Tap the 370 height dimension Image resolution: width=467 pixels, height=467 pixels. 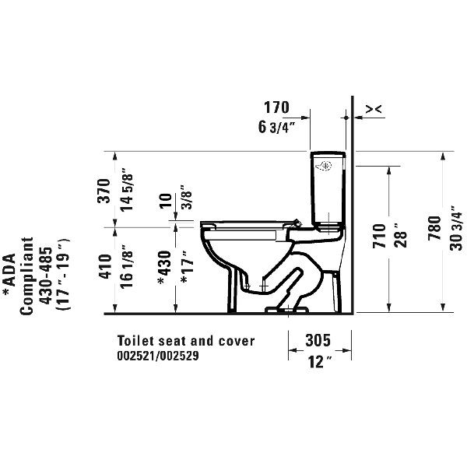[115, 189]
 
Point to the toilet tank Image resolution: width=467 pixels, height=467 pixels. [325, 187]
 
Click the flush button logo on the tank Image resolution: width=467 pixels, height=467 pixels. [328, 164]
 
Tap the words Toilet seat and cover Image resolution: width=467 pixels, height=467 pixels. [186, 341]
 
